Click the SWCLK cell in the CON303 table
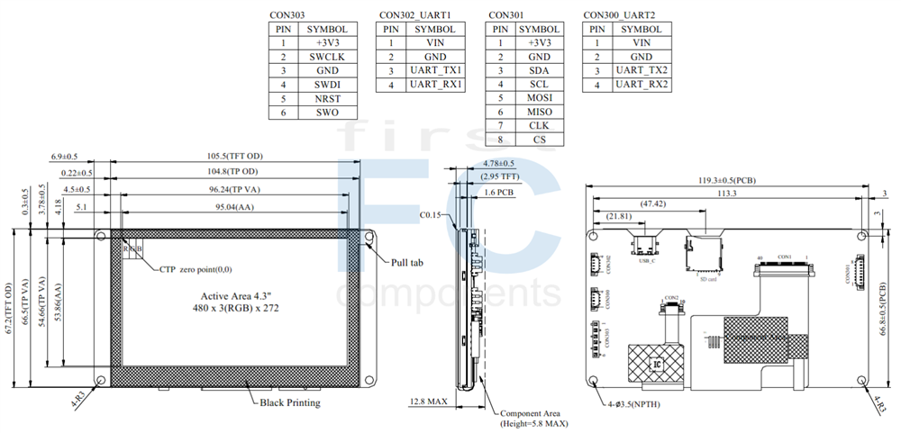pyautogui.click(x=325, y=56)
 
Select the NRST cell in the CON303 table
pyautogui.click(x=325, y=98)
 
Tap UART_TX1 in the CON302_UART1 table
pyautogui.click(x=436, y=70)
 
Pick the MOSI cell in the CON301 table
pyautogui.click(x=540, y=98)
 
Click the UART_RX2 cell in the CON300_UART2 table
pyautogui.click(x=642, y=84)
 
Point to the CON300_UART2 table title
pyautogui.click(x=619, y=15)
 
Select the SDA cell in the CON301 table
pyautogui.click(x=540, y=70)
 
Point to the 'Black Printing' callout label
pyautogui.click(x=289, y=402)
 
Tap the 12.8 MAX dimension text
pyautogui.click(x=429, y=401)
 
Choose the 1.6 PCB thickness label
pyautogui.click(x=499, y=192)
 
